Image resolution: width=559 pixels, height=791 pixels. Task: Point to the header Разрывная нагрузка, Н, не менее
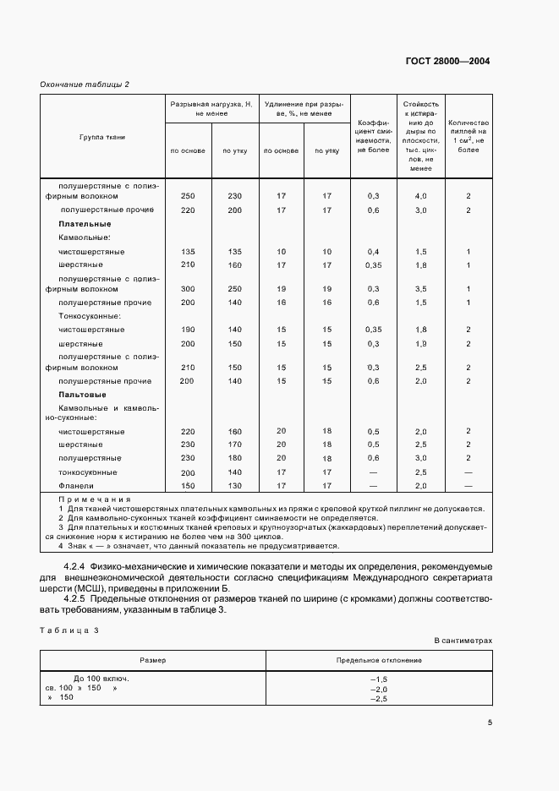[211, 108]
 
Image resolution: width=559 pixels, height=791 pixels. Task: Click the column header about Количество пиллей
[468, 136]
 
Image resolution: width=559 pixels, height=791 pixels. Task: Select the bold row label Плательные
[85, 224]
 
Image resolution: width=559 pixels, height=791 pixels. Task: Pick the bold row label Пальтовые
[82, 395]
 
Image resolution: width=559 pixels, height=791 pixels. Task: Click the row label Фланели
[75, 486]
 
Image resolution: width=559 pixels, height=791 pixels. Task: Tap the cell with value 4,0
[420, 196]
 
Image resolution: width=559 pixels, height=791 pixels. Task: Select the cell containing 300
[188, 288]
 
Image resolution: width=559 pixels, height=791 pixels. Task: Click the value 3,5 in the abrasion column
[420, 288]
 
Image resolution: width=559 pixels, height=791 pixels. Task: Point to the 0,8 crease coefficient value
[373, 458]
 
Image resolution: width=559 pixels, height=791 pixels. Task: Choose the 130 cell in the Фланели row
[234, 486]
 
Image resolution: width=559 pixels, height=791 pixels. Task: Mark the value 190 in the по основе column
[188, 330]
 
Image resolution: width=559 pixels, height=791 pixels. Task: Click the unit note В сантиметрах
[463, 641]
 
